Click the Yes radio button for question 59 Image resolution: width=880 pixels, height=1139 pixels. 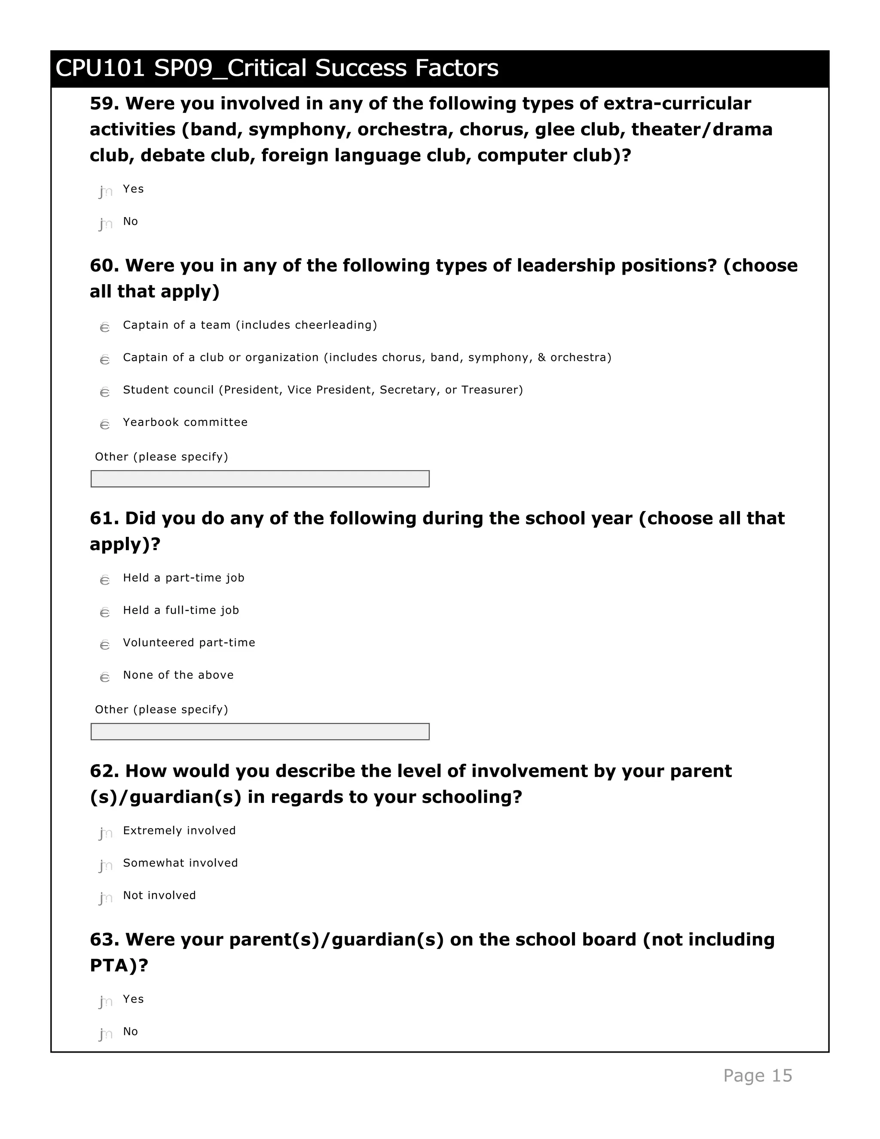105,191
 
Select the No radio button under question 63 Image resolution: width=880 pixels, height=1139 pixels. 105,1034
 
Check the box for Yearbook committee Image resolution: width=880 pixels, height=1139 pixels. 105,424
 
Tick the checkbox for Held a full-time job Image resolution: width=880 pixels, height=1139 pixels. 105,612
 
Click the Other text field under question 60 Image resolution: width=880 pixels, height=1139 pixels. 260,479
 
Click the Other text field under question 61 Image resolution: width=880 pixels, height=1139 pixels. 260,731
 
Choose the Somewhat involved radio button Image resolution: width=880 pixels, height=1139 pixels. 105,865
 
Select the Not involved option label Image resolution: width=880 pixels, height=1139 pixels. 159,895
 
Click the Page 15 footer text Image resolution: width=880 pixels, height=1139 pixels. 757,1075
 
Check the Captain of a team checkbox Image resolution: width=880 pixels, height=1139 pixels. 105,327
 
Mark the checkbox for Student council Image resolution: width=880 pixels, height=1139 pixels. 105,392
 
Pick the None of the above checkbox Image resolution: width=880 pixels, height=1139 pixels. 105,677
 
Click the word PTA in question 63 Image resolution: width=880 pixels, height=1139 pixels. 113,965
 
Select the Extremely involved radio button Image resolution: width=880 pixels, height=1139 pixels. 105,833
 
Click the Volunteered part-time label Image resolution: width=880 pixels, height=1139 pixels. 189,643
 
